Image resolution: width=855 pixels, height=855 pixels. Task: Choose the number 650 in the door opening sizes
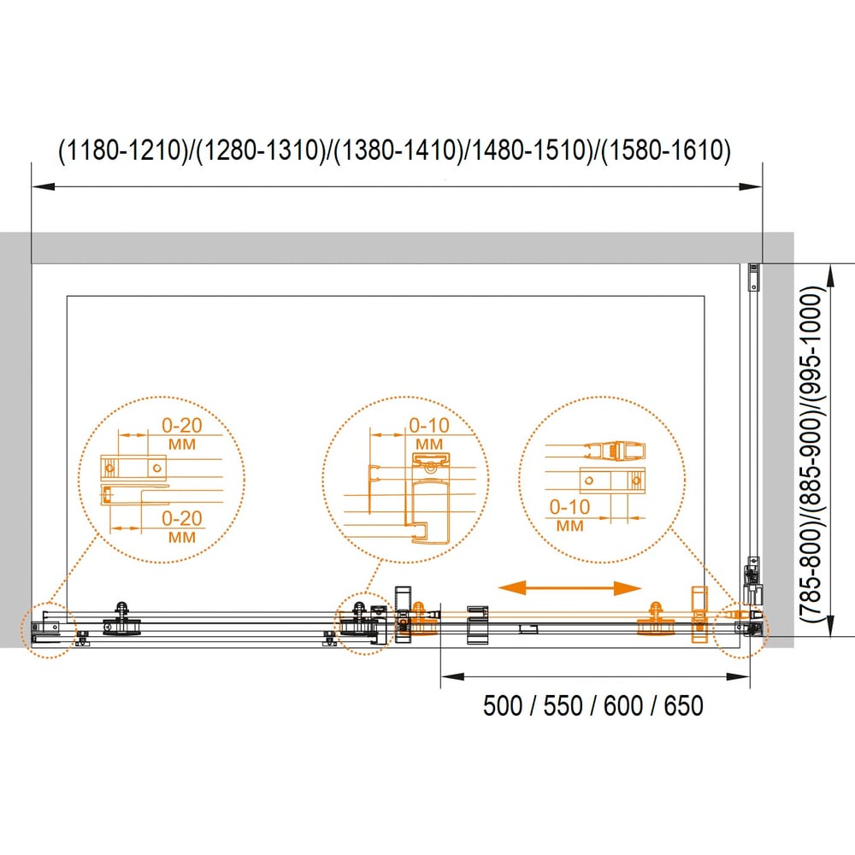click(683, 705)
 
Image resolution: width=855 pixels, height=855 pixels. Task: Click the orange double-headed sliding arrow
click(569, 588)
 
